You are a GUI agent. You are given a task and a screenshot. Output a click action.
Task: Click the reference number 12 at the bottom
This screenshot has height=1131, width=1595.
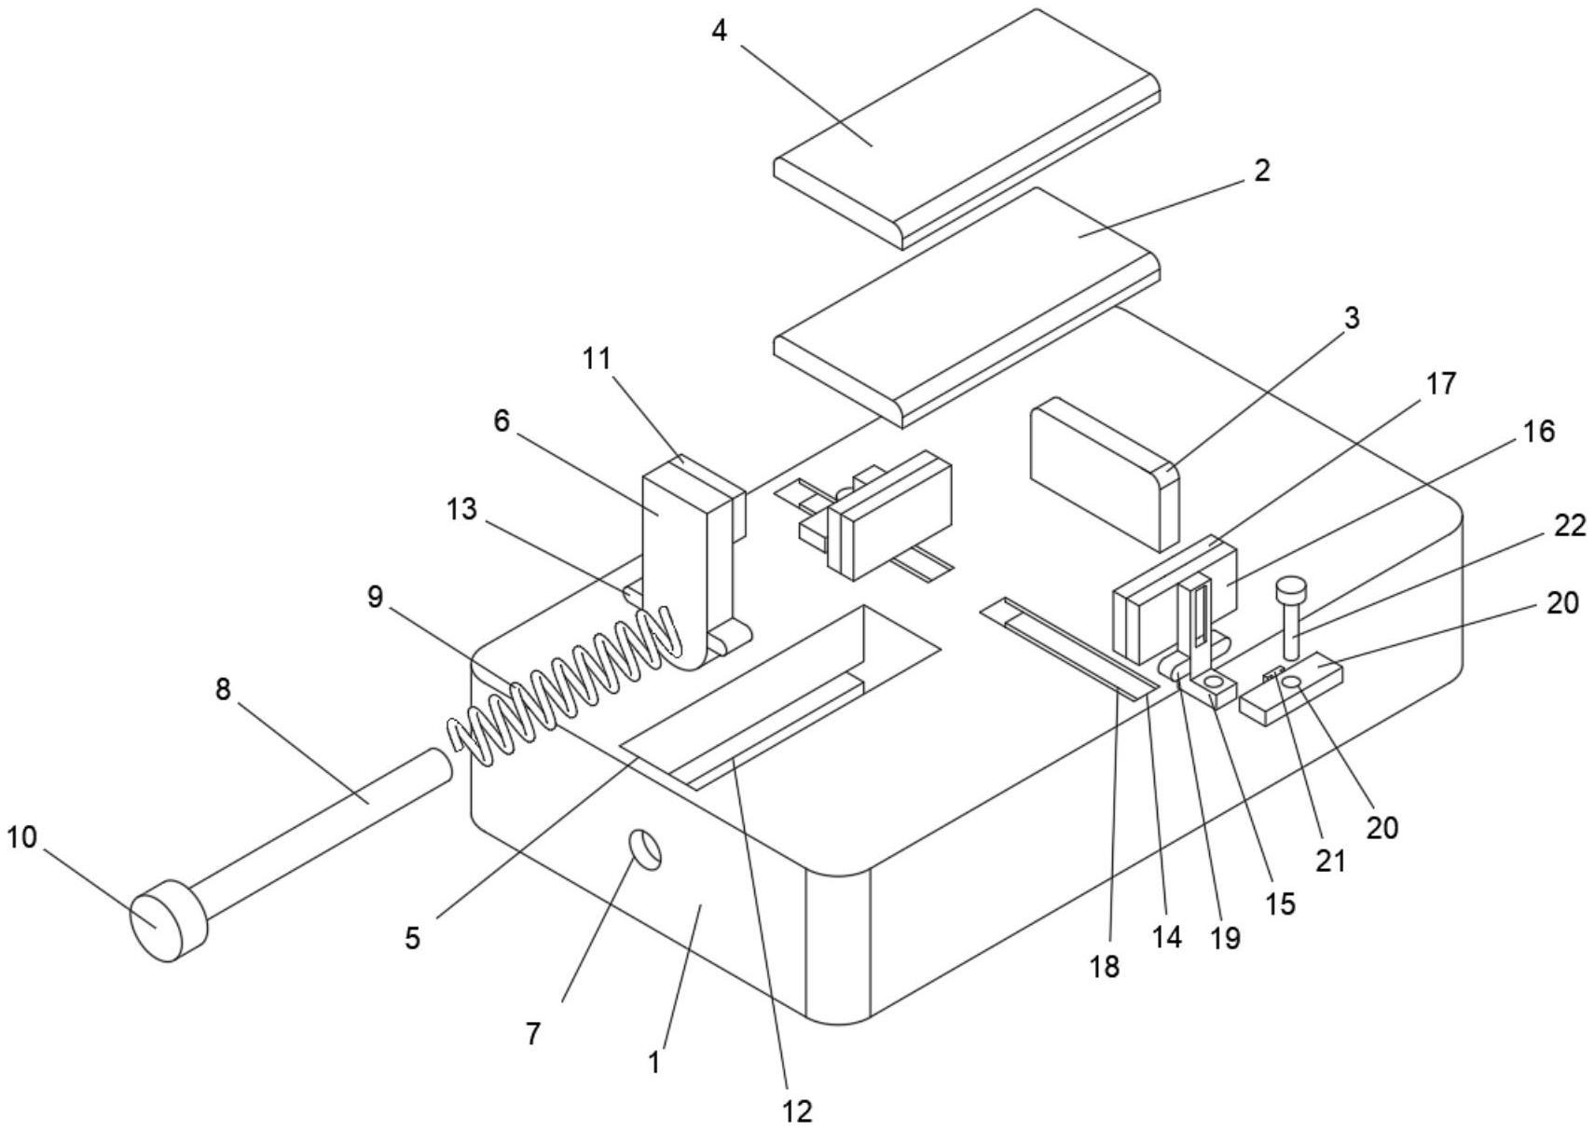coord(799,1110)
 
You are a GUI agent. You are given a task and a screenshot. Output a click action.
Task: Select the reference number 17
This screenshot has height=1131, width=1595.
coord(1440,383)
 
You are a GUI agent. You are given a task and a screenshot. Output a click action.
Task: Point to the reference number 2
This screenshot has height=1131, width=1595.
coord(1261,171)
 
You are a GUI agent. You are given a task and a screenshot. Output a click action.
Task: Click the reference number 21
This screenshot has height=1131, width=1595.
coord(1331,860)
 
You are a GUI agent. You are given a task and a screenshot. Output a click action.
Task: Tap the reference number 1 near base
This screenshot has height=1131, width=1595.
coord(654,1061)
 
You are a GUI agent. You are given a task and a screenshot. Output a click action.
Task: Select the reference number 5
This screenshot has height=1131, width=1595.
coord(413,938)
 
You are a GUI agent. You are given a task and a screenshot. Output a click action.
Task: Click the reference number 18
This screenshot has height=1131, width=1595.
coord(1104,967)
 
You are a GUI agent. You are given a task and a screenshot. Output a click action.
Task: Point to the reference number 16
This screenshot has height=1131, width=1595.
coord(1539,431)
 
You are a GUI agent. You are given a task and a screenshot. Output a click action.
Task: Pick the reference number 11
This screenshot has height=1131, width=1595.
coord(597,359)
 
